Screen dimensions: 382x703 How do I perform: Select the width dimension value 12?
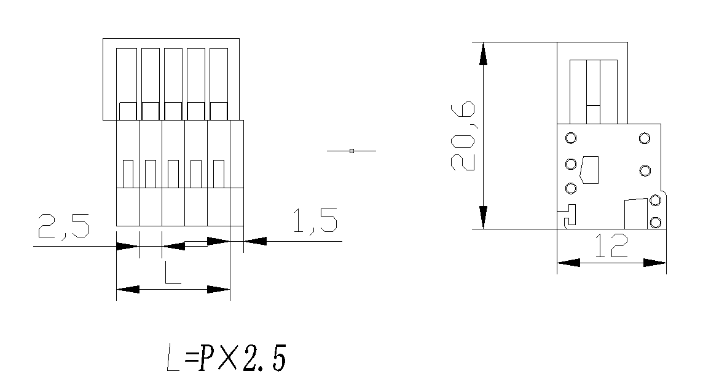tap(611, 245)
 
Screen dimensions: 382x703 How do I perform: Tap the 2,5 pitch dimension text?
tap(64, 226)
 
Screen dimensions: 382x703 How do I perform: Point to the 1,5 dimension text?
tap(315, 221)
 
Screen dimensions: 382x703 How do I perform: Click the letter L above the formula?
tap(172, 272)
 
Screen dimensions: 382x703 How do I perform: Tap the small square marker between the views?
tap(351, 151)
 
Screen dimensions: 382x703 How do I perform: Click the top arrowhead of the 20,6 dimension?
tap(484, 54)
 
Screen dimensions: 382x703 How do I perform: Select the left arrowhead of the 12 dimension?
tap(568, 263)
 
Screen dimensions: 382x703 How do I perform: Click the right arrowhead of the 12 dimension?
tap(655, 263)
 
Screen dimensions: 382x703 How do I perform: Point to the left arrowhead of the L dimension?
tap(127, 289)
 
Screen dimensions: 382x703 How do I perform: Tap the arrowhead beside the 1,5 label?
tap(256, 241)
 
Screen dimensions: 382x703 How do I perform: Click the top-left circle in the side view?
tap(571, 138)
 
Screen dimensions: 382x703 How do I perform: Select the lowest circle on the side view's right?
tap(655, 221)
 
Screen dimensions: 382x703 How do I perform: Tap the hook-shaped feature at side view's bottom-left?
tap(568, 215)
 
